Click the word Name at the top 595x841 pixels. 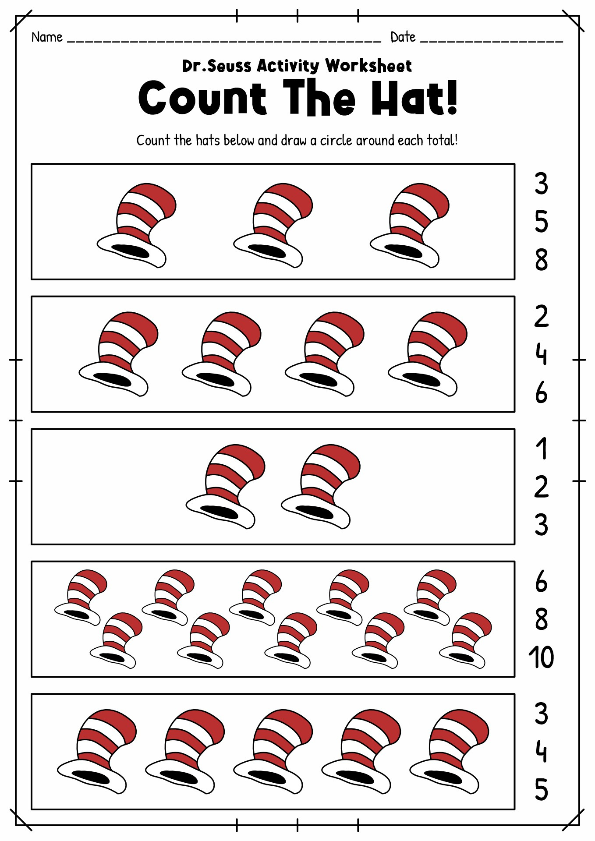pos(47,37)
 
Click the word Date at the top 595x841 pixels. pos(403,37)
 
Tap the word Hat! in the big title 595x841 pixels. pos(414,99)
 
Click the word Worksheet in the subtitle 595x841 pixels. pos(368,66)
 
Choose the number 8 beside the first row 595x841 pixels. pos(541,260)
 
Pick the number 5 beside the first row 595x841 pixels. pos(541,222)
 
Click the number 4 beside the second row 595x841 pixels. pos(541,354)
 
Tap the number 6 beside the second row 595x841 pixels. pos(541,392)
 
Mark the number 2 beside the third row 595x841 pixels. pos(541,487)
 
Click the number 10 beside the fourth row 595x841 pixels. pos(541,657)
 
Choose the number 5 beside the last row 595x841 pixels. pos(541,790)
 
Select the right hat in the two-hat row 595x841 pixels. pos(320,486)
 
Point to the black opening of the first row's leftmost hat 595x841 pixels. pos(131,251)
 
